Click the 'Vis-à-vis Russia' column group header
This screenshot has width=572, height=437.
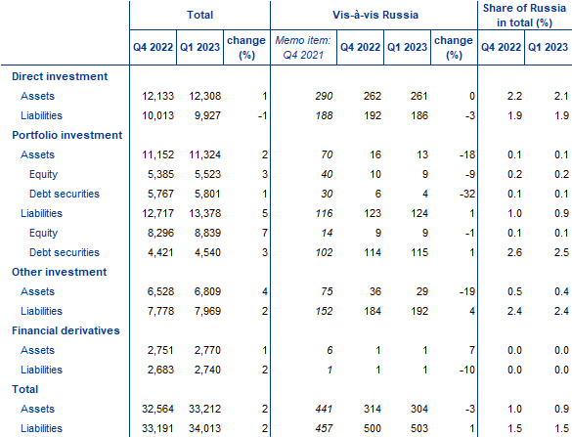375,15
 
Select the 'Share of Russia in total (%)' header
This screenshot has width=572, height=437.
524,16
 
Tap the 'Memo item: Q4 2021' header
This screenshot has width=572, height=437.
303,48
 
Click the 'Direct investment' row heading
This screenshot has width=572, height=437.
60,76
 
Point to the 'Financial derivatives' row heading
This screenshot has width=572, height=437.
66,330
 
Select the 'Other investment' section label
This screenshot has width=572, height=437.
59,272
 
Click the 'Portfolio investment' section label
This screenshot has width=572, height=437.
67,135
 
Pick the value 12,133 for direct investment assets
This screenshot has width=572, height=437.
157,96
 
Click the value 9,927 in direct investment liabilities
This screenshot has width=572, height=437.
207,115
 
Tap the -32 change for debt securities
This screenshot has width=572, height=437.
467,194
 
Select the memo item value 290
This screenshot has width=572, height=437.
324,96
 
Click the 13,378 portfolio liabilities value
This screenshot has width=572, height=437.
204,213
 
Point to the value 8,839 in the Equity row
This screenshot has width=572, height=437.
207,233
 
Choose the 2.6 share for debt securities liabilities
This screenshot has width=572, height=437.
514,252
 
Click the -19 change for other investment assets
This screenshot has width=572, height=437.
467,291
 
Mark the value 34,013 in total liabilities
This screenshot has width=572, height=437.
204,428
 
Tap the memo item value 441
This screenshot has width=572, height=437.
324,409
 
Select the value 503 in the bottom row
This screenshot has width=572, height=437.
418,428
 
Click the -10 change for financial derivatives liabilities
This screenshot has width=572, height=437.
467,370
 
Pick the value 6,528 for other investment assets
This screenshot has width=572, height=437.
160,291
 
